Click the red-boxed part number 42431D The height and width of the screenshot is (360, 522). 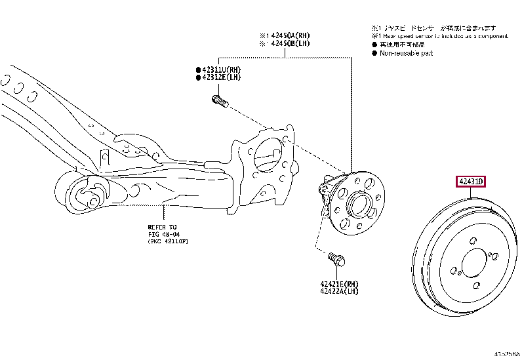tap(470, 182)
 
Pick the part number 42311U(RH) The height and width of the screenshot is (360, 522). tap(221, 70)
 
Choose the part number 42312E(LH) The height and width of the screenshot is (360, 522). tap(221, 77)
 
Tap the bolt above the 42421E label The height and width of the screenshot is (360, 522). tap(336, 260)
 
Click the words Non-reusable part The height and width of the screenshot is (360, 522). tap(407, 53)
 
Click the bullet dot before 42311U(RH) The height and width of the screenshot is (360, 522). tap(197, 70)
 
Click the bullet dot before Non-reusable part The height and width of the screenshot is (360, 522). tap(374, 53)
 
